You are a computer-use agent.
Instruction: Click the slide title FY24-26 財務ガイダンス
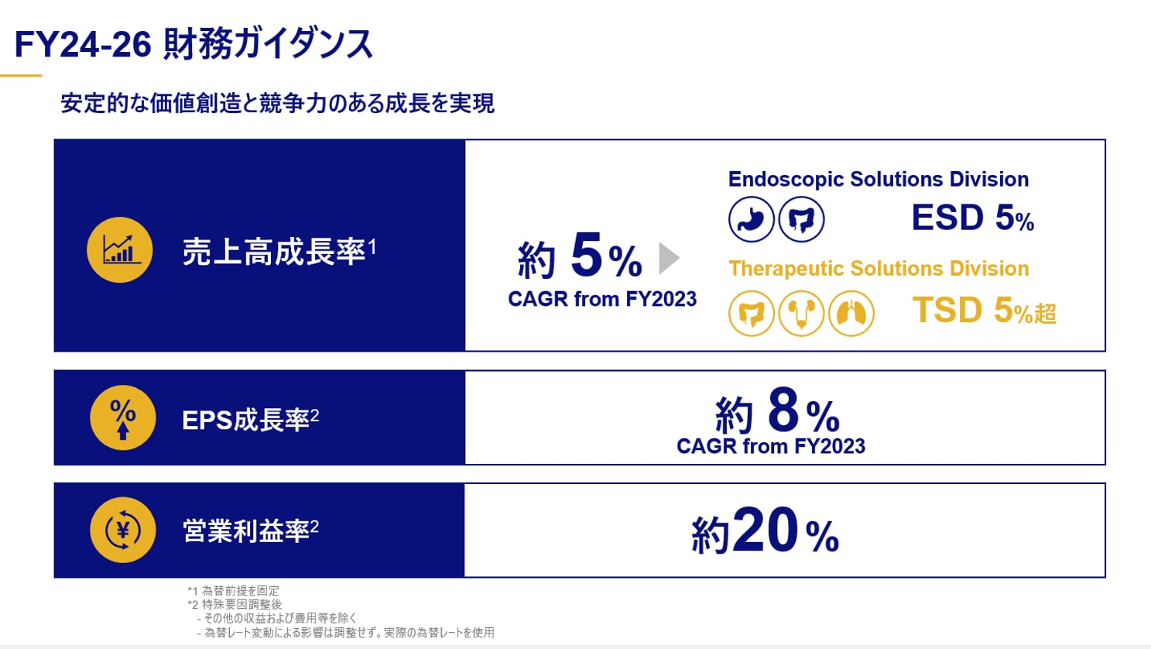pos(194,45)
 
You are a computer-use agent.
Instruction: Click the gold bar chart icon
pos(120,250)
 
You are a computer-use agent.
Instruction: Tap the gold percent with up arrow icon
pos(123,418)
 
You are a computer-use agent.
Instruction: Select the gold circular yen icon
pos(123,530)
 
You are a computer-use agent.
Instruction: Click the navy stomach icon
pos(752,219)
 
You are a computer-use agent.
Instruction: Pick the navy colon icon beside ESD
pos(802,219)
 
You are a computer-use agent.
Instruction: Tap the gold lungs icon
pos(851,313)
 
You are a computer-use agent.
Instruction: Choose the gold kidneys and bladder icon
pos(801,313)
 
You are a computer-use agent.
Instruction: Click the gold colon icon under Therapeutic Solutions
pos(752,313)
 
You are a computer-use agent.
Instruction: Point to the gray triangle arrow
pos(668,258)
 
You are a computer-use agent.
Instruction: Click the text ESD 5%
pos(973,218)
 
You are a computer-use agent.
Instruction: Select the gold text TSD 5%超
pos(984,311)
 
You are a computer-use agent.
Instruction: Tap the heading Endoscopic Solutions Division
pos(879,180)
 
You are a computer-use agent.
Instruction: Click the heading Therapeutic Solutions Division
pos(879,269)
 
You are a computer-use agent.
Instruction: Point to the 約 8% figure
pos(777,411)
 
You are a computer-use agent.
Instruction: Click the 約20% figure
pos(765,531)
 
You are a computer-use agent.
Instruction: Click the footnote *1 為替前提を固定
pos(233,591)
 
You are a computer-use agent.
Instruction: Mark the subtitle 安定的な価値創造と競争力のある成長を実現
pos(277,103)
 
